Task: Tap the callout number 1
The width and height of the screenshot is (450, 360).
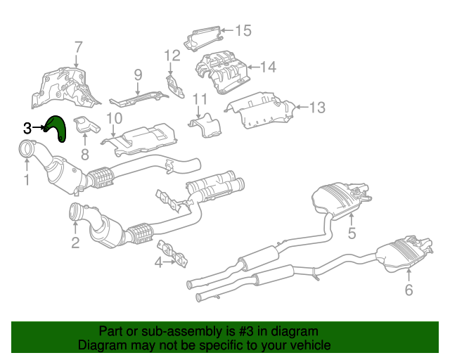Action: coord(26,181)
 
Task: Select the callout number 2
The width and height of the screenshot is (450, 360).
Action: coord(75,244)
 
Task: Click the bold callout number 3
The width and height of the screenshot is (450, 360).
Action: coord(27,128)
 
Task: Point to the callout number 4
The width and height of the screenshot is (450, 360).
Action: coord(158,263)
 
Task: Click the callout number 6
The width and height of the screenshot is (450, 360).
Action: coord(409,289)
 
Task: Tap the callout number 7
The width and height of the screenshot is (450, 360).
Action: coord(78,48)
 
